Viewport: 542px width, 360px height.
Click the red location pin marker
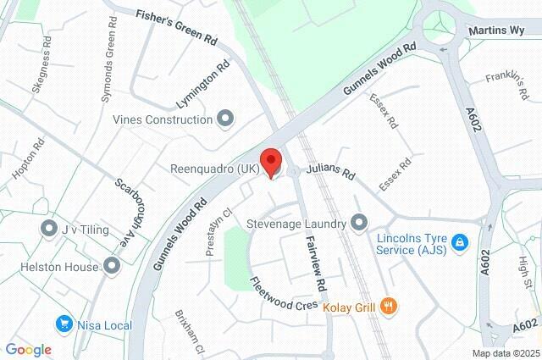coord(270,162)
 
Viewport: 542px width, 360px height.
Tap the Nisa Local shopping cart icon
coord(64,323)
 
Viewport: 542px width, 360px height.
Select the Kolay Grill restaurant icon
coord(389,306)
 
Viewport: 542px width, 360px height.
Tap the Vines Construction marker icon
coord(225,119)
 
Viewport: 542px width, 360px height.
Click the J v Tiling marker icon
coord(48,229)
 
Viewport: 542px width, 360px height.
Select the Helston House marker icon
coord(112,266)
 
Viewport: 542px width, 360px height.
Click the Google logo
coord(28,350)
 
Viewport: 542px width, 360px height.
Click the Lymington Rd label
coord(202,85)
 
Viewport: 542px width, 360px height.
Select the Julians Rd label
coord(331,174)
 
